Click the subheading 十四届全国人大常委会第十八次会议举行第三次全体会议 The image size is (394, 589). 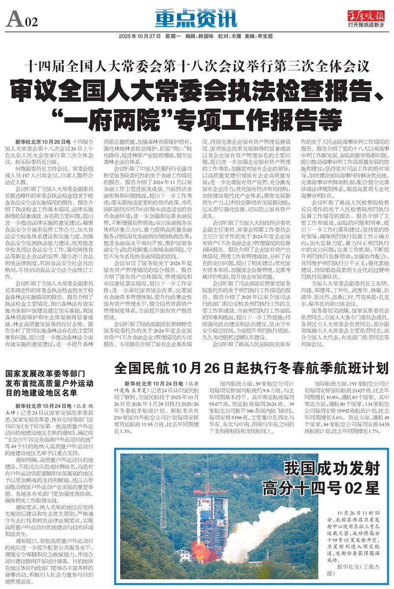pyautogui.click(x=196, y=65)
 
